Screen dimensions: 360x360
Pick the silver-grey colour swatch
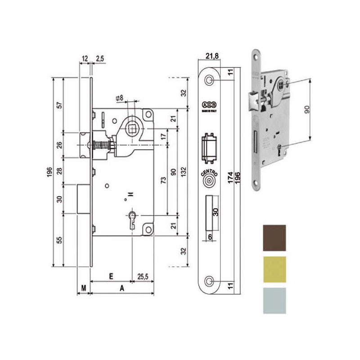[x=273, y=300]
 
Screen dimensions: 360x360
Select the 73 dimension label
[x=163, y=180]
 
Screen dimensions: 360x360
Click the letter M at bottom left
[x=84, y=287]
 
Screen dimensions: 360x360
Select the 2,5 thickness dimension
[x=100, y=58]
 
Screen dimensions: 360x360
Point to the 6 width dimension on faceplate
[x=210, y=237]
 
